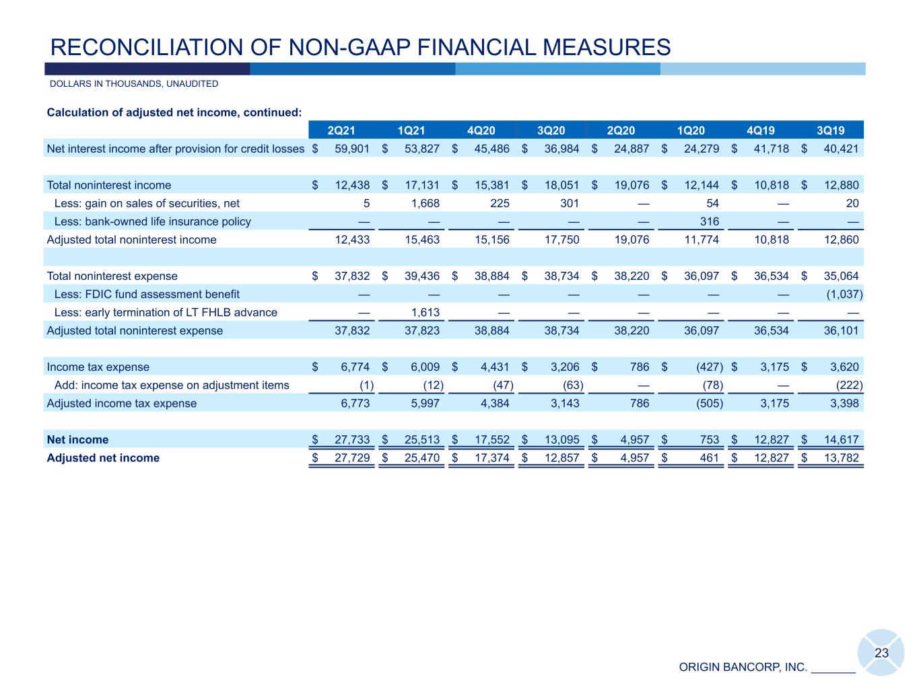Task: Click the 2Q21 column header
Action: pyautogui.click(x=341, y=131)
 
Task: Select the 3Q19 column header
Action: pyautogui.click(x=830, y=131)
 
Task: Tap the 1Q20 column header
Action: pyautogui.click(x=691, y=131)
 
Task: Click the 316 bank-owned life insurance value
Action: pyautogui.click(x=709, y=221)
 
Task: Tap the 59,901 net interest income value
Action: pyautogui.click(x=352, y=149)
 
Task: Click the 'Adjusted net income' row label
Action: pyautogui.click(x=103, y=458)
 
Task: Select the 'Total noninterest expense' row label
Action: pyautogui.click(x=112, y=276)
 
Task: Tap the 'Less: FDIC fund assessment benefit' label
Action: pyautogui.click(x=146, y=294)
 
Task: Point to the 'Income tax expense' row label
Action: pyautogui.click(x=98, y=367)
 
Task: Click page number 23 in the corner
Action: pyautogui.click(x=881, y=653)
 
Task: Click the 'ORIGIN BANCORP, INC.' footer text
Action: pyautogui.click(x=743, y=667)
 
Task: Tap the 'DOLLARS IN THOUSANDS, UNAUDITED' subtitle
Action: pyautogui.click(x=134, y=84)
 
